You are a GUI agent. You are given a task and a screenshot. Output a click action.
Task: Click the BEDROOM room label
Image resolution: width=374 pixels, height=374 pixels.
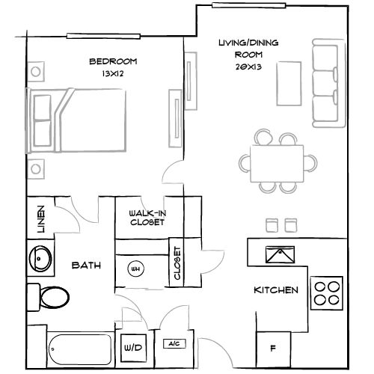[x=113, y=62]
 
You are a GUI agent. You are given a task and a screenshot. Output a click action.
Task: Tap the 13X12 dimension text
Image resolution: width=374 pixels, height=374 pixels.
[x=112, y=74]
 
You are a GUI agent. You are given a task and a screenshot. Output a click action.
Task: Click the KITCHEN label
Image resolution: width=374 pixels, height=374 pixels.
[x=277, y=290]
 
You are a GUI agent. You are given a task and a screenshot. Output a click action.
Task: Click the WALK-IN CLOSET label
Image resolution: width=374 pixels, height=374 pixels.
[x=147, y=217]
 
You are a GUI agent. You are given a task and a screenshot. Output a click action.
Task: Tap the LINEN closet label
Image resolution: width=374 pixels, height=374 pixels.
[x=40, y=218]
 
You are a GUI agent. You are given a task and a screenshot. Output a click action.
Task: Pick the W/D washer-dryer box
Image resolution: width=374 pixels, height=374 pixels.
[x=132, y=347]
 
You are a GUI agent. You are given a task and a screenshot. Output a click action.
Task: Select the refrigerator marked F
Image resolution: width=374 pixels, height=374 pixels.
[x=272, y=349]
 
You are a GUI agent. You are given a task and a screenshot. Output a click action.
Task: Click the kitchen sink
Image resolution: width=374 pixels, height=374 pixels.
[x=283, y=255]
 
